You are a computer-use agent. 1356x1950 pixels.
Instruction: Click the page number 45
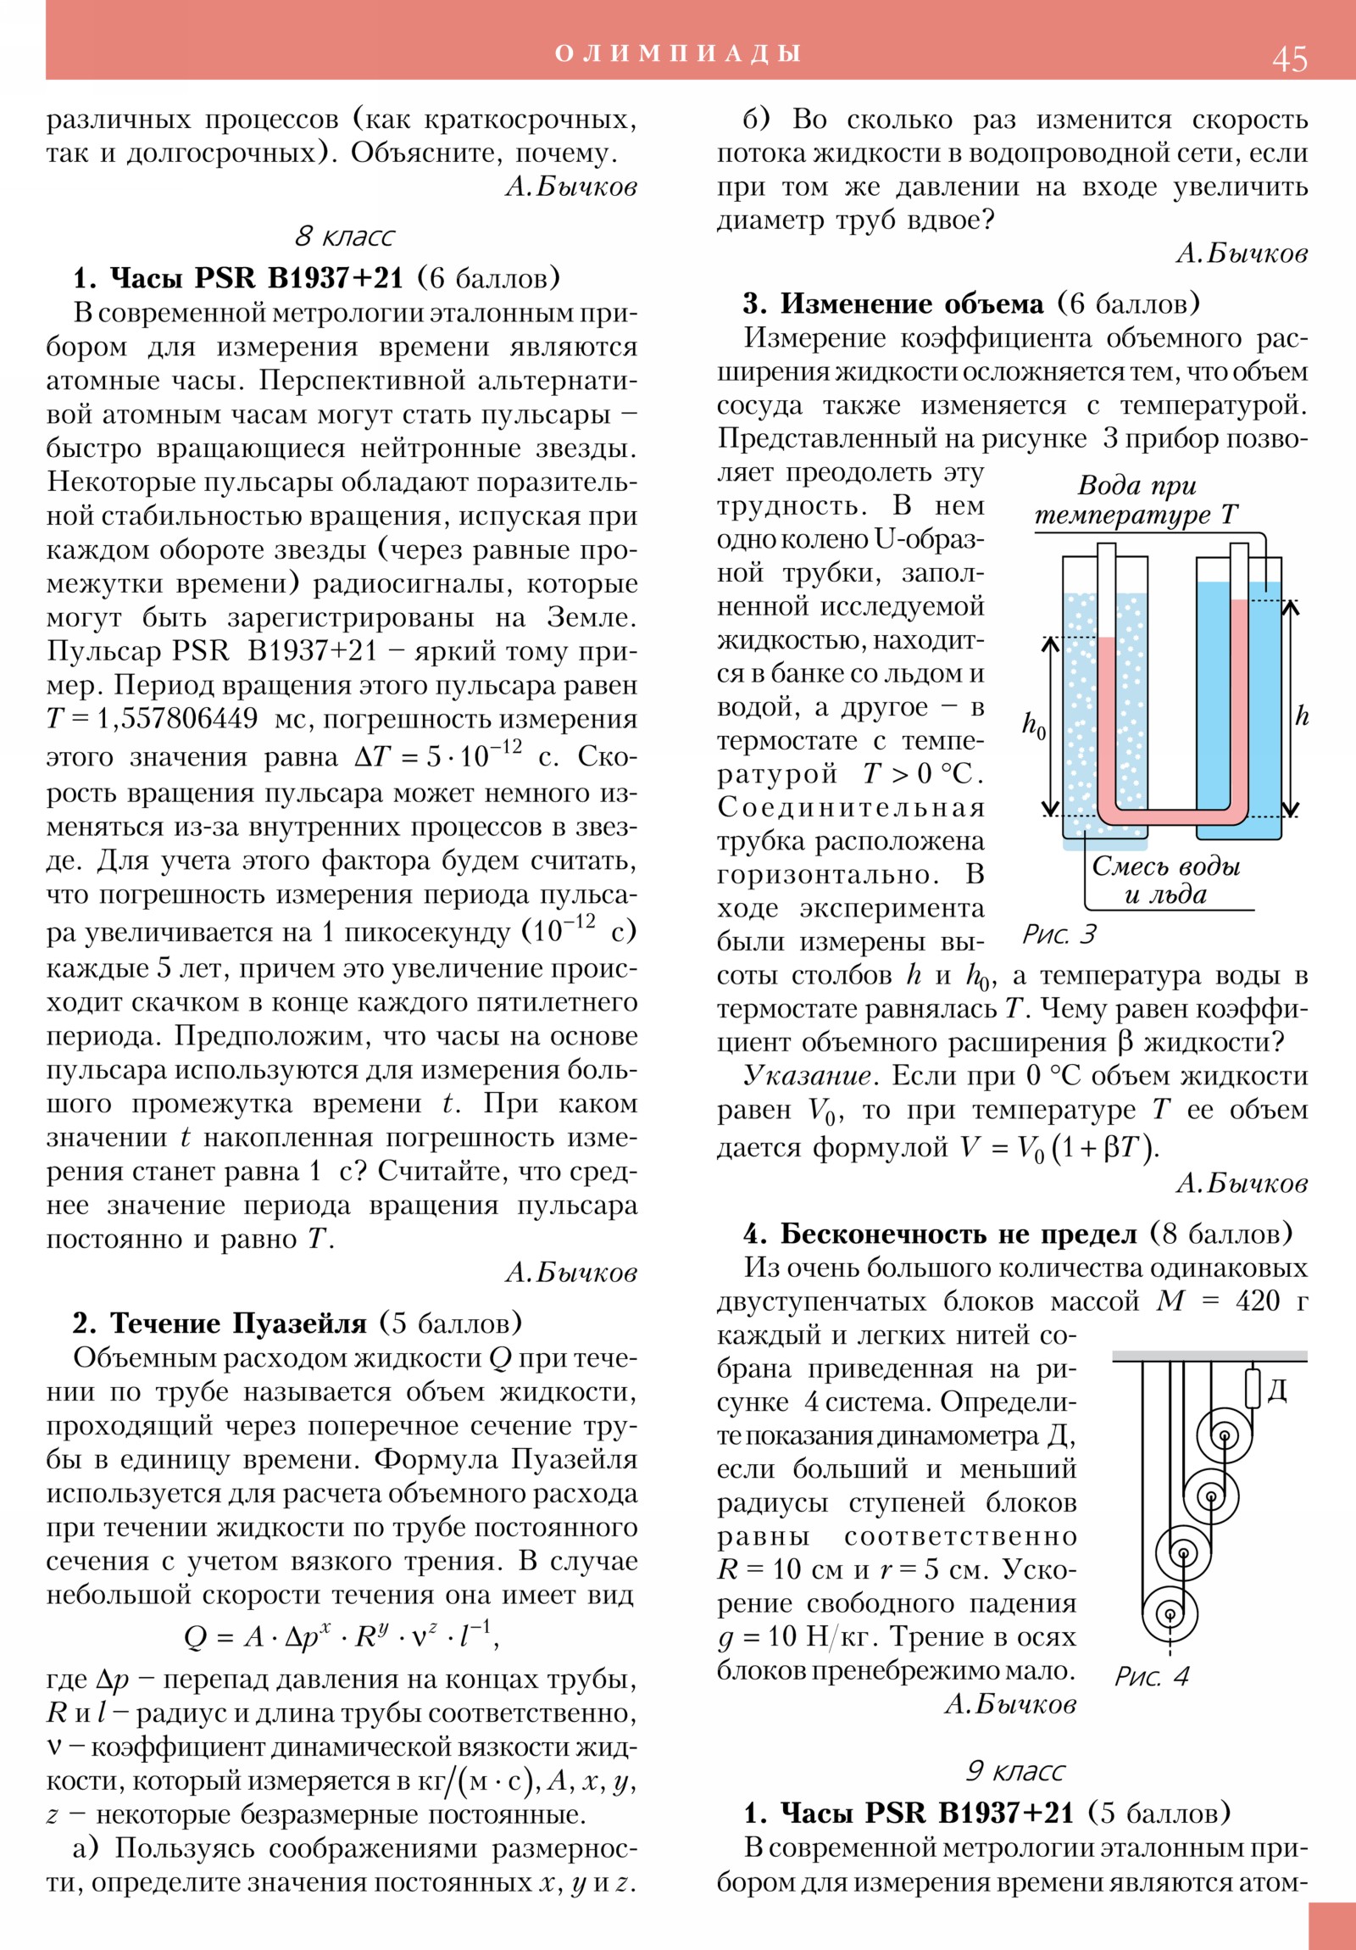point(1289,59)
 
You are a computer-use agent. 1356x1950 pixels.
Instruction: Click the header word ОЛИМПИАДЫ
point(677,53)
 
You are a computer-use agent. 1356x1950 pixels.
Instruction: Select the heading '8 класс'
point(345,236)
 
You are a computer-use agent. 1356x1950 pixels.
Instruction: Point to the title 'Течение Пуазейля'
point(239,1323)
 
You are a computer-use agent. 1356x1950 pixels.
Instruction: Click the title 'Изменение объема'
point(912,304)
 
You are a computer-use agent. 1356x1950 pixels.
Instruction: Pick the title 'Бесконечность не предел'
point(958,1234)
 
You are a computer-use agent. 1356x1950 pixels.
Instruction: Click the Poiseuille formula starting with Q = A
point(342,1635)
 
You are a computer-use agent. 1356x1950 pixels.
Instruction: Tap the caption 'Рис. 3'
point(1059,934)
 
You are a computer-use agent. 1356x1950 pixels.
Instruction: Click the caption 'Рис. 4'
point(1152,1675)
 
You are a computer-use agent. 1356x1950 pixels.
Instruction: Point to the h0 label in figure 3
point(1033,726)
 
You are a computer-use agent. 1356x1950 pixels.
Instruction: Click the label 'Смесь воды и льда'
point(1165,880)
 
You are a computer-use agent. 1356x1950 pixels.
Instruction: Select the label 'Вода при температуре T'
point(1136,499)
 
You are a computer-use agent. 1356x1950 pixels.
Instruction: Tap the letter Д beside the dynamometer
point(1277,1390)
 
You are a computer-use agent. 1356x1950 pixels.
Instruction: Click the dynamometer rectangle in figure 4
point(1253,1389)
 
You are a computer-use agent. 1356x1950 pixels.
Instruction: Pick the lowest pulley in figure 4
point(1170,1613)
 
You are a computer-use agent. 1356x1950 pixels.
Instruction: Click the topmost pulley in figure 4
point(1224,1437)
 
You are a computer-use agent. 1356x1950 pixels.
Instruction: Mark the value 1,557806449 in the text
point(176,718)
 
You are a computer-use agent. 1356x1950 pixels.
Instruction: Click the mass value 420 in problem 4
point(1257,1301)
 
